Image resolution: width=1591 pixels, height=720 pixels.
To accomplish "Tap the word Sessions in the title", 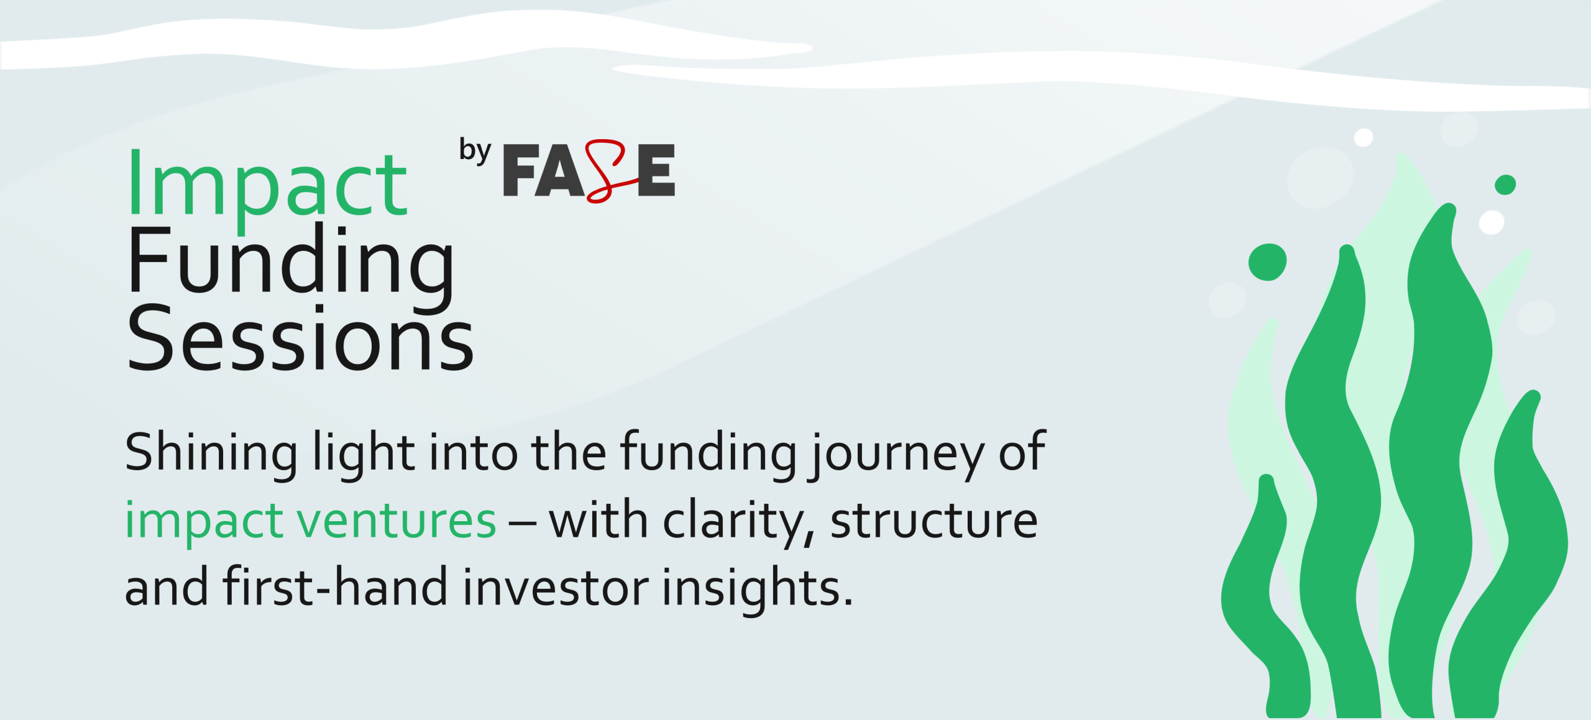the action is pyautogui.click(x=301, y=339).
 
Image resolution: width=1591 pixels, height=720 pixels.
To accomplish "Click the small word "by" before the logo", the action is pyautogui.click(x=475, y=151).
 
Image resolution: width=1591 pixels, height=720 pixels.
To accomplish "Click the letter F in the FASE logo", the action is pyautogui.click(x=521, y=170).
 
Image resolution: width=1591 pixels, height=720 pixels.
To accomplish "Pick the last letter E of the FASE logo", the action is pyautogui.click(x=656, y=170).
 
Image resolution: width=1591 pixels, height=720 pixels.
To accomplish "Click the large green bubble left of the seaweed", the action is pyautogui.click(x=1267, y=262).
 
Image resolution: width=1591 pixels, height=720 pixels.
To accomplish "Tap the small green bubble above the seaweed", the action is pyautogui.click(x=1505, y=185).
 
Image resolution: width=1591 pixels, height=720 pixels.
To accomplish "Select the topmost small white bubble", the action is pyautogui.click(x=1364, y=137).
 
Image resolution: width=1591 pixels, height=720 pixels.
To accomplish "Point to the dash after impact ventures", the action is pyautogui.click(x=522, y=523).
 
